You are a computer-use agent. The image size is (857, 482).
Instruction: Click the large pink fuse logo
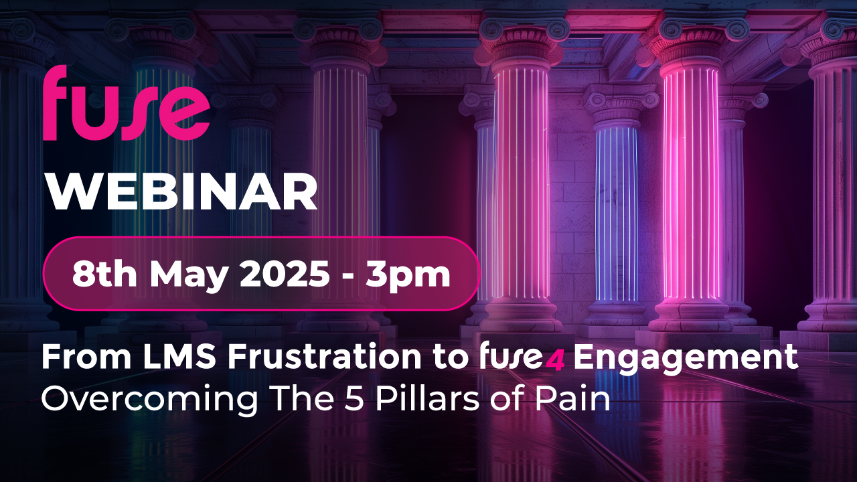click(127, 103)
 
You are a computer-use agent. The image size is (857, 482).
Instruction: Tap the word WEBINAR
click(181, 192)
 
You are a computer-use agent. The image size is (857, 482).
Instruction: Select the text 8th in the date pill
click(104, 274)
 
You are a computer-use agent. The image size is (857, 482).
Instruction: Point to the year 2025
click(285, 274)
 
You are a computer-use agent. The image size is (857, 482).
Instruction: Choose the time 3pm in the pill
click(408, 275)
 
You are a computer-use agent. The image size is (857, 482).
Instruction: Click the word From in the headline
click(86, 357)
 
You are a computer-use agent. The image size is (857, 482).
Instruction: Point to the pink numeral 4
click(555, 361)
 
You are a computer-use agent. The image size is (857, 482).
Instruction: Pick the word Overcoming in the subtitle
click(149, 400)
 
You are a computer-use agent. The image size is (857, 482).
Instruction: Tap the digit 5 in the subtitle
click(353, 400)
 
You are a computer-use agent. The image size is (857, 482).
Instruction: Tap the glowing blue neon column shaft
click(617, 214)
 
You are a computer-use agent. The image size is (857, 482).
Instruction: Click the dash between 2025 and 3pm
click(347, 276)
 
